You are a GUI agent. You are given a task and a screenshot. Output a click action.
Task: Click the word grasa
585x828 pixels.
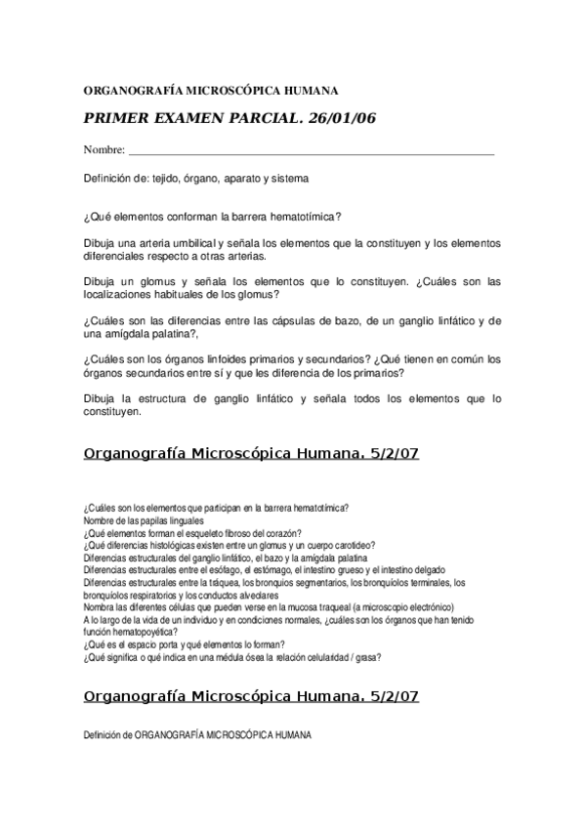[x=367, y=657]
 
